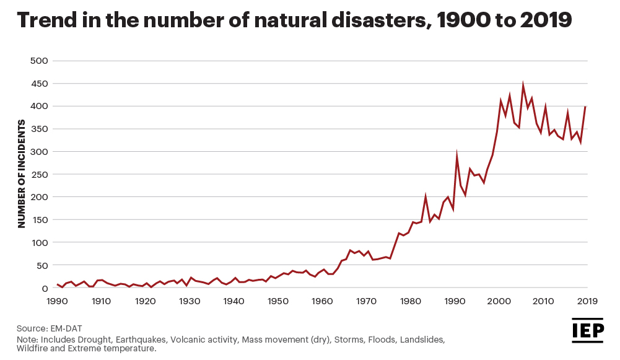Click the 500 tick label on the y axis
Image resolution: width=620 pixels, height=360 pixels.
tap(38, 61)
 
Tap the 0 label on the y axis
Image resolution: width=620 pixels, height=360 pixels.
tap(45, 288)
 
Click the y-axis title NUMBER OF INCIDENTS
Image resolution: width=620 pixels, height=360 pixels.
tap(22, 174)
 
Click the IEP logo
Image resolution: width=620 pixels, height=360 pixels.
tap(588, 330)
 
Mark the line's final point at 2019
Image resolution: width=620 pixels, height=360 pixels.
tap(585, 107)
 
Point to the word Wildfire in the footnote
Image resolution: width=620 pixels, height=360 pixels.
tap(32, 348)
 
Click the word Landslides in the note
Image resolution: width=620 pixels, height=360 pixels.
tap(422, 340)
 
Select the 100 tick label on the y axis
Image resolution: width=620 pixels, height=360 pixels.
tap(38, 242)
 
